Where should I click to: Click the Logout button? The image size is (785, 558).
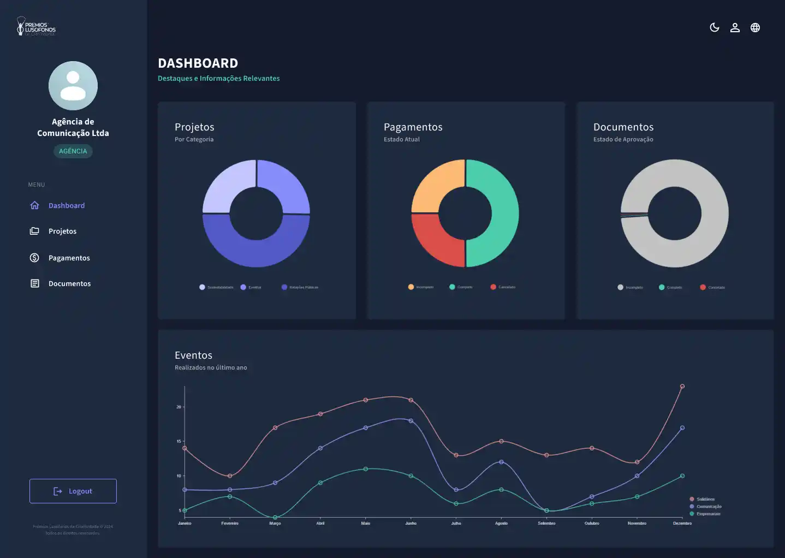[x=73, y=491]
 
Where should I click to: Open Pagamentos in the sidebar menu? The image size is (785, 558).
[x=69, y=258]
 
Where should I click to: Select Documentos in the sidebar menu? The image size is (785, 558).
[x=69, y=283]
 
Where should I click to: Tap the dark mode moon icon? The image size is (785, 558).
[x=714, y=27]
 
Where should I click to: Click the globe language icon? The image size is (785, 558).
[x=755, y=27]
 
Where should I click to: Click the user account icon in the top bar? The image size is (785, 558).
[x=735, y=27]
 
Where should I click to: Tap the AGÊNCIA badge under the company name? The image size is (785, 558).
[x=73, y=151]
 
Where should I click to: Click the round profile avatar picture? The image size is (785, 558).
[x=73, y=86]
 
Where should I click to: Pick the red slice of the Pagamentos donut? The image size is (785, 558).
[x=436, y=241]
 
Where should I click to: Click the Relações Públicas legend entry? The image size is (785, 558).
[x=300, y=287]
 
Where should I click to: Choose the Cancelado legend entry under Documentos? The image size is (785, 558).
[x=713, y=287]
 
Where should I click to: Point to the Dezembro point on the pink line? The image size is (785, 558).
[x=682, y=387]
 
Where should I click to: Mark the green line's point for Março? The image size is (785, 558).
[x=275, y=517]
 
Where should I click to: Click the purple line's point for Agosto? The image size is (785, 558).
[x=501, y=462]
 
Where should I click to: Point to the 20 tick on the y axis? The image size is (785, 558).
[x=179, y=407]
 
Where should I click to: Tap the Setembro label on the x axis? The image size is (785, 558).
[x=546, y=523]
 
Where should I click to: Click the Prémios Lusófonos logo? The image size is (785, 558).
[x=36, y=26]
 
